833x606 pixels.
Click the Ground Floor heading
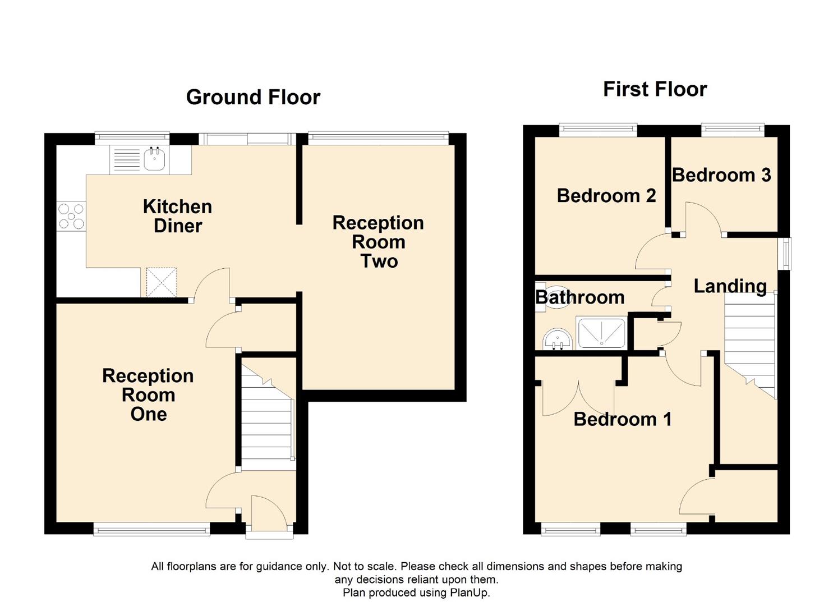coord(253,98)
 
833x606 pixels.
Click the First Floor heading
coord(655,90)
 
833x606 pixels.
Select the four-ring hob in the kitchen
coord(71,216)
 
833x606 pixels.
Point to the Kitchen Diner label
coord(178,216)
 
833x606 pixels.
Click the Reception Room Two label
coord(378,242)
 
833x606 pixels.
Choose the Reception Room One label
coord(148,394)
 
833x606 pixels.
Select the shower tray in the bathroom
coord(601,333)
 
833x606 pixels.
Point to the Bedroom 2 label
coord(606,196)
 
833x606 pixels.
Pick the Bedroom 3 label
coord(721,175)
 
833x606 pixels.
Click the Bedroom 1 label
coord(623,419)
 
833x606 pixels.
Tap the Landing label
coord(730,286)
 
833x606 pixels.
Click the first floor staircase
coord(749,346)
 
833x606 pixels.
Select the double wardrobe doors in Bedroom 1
coord(578,398)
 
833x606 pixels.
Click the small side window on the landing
coord(786,254)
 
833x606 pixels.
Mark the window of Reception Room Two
coord(378,138)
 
